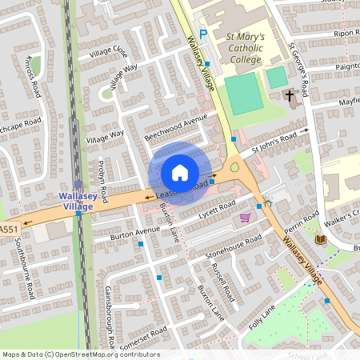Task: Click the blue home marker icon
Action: tap(179, 172)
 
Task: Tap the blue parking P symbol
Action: tap(202, 34)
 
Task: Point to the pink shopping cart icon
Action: tap(245, 218)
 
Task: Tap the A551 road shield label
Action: tap(7, 230)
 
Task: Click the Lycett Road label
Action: tap(214, 208)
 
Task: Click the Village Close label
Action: tap(109, 53)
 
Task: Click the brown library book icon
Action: tap(320, 239)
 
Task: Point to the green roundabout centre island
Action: tap(234, 168)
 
